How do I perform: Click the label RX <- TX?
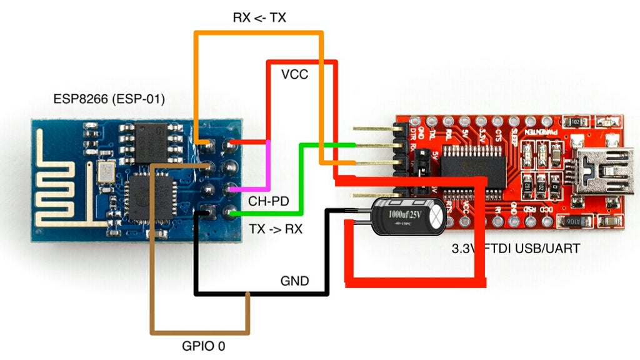tap(259, 17)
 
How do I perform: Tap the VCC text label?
tap(294, 75)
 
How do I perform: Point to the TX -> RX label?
tap(276, 229)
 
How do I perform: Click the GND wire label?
tap(294, 281)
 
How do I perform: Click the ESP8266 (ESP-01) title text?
tap(109, 99)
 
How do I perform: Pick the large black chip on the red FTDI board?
tap(472, 167)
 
